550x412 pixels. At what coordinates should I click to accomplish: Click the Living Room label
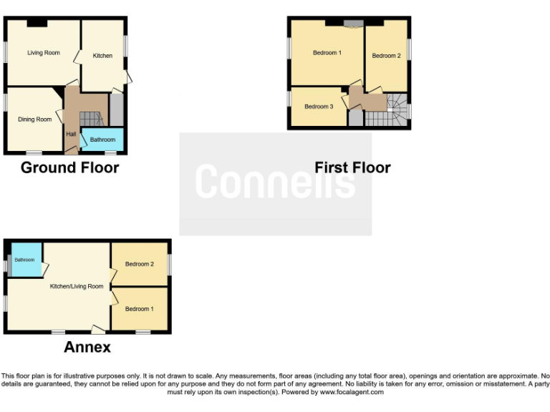tap(44, 53)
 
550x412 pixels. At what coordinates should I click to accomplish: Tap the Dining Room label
tap(35, 119)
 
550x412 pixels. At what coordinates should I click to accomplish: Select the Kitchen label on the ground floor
tap(102, 56)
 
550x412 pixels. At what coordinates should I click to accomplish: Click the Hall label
tap(71, 134)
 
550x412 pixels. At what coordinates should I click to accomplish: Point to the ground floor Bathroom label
tap(102, 139)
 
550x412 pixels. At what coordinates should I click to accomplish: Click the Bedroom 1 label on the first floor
tap(327, 53)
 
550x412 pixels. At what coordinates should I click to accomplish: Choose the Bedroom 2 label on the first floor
tap(386, 56)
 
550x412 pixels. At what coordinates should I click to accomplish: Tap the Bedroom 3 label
tap(319, 107)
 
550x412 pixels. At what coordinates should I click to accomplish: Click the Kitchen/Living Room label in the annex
tap(76, 286)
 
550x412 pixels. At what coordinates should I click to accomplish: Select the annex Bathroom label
tap(24, 260)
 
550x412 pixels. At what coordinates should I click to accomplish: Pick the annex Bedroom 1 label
tap(140, 309)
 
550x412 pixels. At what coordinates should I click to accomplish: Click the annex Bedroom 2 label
tap(140, 264)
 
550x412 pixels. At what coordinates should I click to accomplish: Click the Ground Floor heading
tap(69, 167)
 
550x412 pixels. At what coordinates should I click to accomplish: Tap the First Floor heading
tap(352, 167)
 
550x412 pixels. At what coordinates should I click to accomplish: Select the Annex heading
tap(87, 347)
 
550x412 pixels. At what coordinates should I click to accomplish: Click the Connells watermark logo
tap(276, 182)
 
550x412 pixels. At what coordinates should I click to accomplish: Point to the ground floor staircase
tap(90, 118)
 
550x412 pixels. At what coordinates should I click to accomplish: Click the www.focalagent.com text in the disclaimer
tap(352, 392)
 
